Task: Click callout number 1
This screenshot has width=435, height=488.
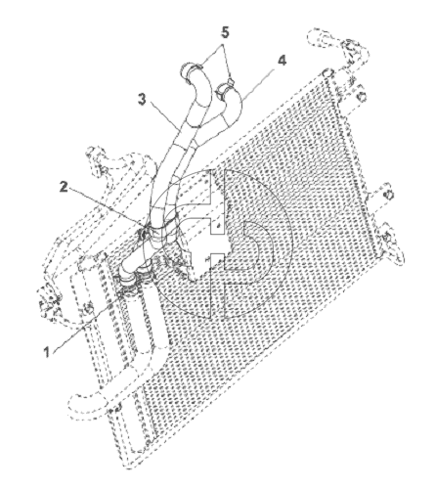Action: point(47,352)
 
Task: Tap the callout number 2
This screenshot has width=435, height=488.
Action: point(64,187)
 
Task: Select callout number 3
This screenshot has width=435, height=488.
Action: point(142,99)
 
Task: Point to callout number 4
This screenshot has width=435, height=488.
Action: point(282,61)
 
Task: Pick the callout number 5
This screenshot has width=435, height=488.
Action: point(225,32)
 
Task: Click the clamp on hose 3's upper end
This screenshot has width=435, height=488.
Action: point(193,69)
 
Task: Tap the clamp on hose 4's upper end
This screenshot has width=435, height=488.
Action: point(226,88)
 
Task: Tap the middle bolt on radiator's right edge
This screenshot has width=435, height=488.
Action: point(388,196)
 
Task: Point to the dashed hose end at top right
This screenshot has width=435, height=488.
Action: point(316,36)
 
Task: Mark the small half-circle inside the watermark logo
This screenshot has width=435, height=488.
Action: point(258,243)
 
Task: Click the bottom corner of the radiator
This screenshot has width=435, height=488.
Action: point(129,469)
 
